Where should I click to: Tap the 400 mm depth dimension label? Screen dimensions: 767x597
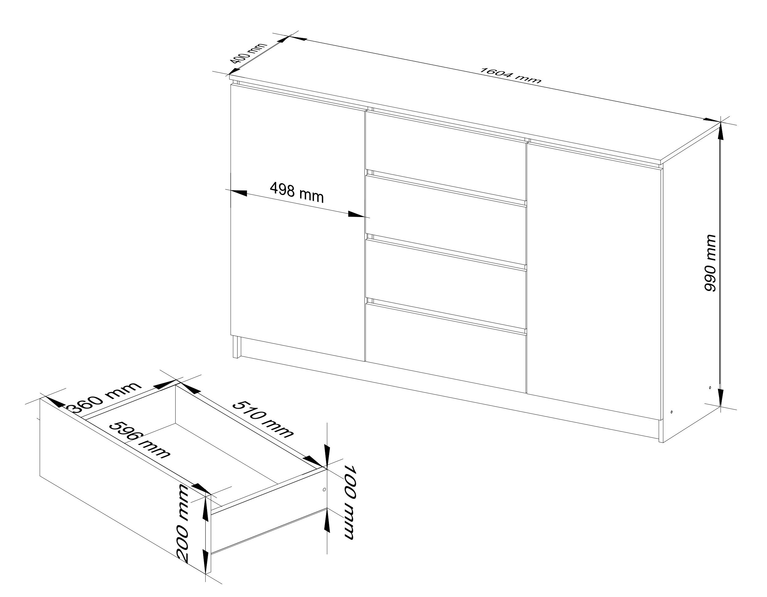click(x=248, y=57)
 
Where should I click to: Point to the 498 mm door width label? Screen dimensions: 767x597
click(x=297, y=193)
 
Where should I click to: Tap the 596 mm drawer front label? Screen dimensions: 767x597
click(x=140, y=440)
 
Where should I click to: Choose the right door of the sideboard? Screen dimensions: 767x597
click(x=594, y=281)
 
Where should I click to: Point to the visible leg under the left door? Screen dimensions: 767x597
click(x=237, y=347)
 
